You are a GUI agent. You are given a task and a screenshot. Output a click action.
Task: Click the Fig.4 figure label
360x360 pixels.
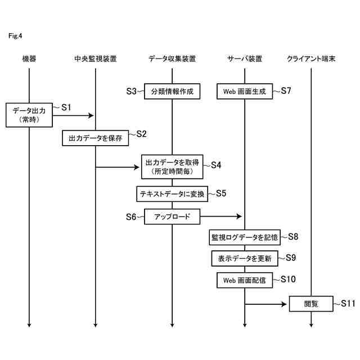15,36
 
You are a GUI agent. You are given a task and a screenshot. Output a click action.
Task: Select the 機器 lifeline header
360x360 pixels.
29,58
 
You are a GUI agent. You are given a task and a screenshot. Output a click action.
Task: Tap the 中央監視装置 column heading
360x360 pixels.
96,58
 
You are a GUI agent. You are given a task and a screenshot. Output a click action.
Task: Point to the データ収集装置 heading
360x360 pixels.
172,58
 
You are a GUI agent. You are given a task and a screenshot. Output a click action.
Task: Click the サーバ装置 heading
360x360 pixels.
245,58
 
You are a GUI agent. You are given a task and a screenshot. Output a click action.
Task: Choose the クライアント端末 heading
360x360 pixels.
311,58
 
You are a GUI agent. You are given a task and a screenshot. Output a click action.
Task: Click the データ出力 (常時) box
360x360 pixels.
29,115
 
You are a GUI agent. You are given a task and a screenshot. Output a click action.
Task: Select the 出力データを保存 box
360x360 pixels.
96,138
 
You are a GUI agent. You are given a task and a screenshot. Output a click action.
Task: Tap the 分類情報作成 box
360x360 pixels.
172,91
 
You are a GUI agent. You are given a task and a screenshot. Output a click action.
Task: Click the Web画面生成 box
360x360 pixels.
245,91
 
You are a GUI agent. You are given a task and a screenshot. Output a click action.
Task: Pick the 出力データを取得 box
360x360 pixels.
172,166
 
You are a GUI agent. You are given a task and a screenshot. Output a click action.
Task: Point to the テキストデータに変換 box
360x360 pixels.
172,194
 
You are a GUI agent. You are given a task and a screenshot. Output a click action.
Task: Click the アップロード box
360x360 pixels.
172,217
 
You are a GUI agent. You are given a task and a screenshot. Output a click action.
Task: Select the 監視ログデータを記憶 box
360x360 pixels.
245,237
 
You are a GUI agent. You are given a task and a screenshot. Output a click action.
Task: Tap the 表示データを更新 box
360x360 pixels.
245,259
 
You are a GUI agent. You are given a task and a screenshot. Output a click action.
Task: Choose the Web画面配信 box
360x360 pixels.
245,280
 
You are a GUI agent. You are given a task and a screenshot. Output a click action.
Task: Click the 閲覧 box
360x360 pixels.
311,304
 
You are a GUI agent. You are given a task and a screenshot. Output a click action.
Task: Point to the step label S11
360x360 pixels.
348,303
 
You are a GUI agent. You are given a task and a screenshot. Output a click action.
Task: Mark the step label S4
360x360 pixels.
216,165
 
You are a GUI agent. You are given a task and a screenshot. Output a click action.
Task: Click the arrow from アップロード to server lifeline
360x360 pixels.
220,217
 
